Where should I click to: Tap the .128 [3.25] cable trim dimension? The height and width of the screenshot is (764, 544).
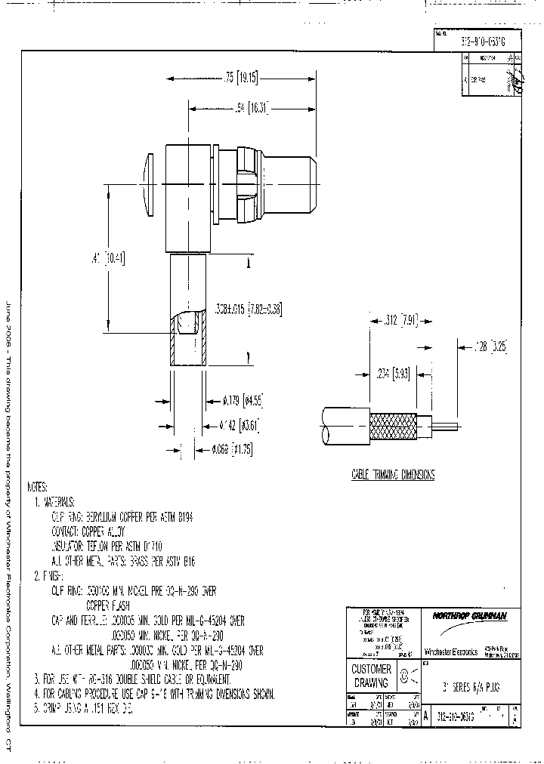click(x=490, y=347)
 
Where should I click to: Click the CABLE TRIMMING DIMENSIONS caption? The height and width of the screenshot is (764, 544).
click(x=393, y=475)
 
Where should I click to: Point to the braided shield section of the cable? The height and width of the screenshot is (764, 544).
click(x=391, y=429)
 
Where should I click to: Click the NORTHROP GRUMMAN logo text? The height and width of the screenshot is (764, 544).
click(x=469, y=616)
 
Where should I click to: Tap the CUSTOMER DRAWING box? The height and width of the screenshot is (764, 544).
click(x=371, y=675)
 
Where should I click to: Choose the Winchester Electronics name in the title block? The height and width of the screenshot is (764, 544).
click(x=450, y=652)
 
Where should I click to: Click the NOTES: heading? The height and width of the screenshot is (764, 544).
click(x=37, y=487)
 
